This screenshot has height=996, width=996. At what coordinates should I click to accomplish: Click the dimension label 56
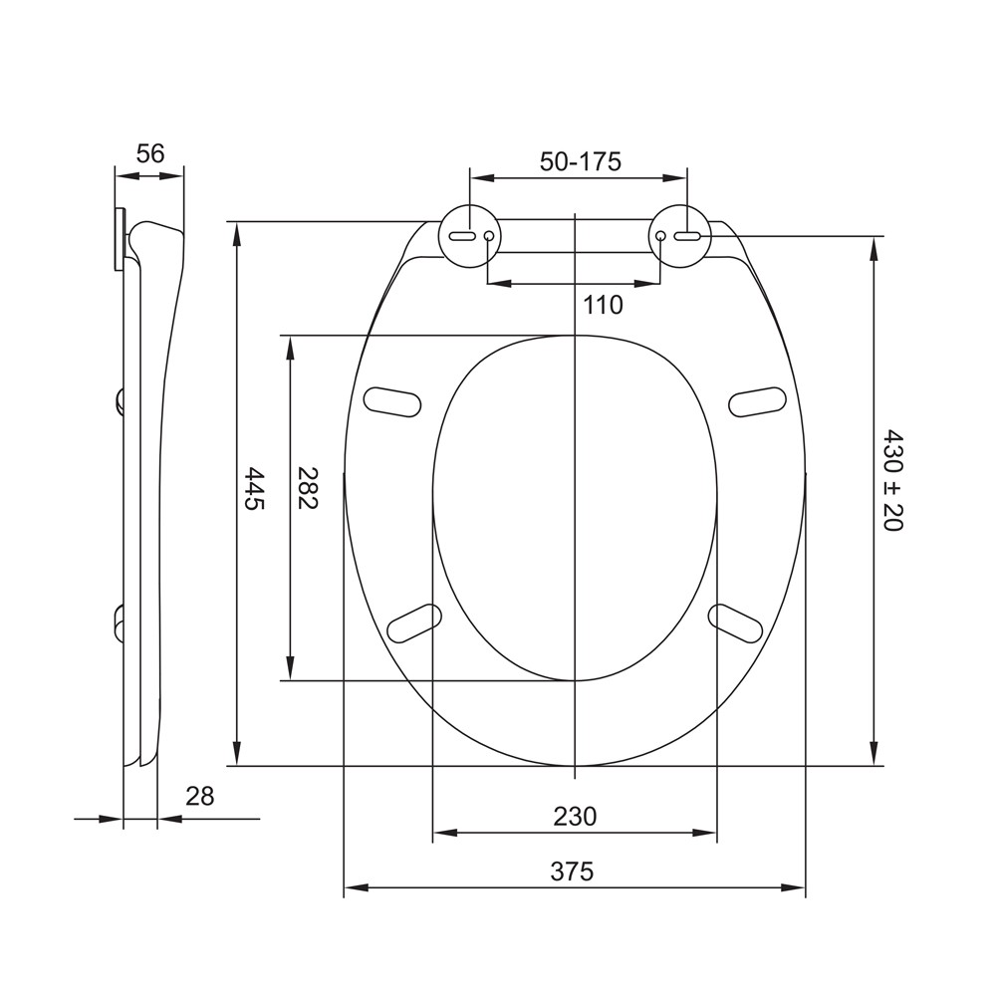click(150, 153)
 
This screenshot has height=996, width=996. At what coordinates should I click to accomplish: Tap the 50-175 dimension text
click(580, 162)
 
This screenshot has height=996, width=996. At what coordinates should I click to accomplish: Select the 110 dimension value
click(603, 306)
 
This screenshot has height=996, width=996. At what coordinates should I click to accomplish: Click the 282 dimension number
click(308, 488)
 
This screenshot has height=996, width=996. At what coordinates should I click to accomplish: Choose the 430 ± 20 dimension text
click(893, 481)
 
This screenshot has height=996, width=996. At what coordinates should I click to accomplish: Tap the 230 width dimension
click(575, 817)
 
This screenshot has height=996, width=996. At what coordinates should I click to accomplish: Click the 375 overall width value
click(572, 871)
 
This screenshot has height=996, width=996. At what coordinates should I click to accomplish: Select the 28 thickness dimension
click(199, 796)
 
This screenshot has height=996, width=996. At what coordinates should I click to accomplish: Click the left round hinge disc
click(471, 236)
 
